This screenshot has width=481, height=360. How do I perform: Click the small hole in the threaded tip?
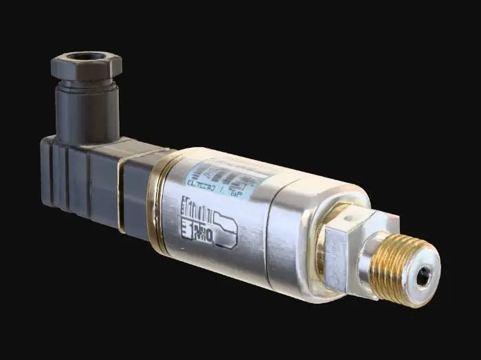tap(426, 275)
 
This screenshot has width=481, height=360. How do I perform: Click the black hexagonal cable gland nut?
tap(86, 67)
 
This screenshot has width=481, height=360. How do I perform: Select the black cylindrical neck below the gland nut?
tap(86, 110)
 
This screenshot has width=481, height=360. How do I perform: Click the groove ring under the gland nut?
tap(86, 86)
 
